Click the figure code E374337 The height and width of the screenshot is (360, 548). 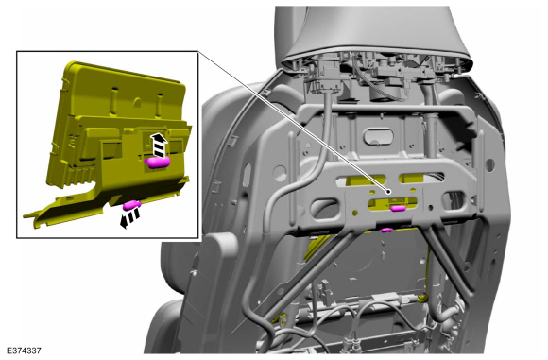coord(24,351)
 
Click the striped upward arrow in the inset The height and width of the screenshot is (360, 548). coord(159,145)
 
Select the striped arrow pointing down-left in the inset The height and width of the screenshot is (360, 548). coord(129,217)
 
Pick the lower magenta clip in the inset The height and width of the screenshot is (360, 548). coord(130,205)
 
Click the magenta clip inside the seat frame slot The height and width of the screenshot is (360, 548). coord(398,209)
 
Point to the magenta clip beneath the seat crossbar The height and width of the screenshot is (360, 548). coord(386,230)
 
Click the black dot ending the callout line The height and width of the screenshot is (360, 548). coord(388,191)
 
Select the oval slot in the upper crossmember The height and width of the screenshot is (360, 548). coord(378,136)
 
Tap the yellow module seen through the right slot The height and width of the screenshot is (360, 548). coord(412,179)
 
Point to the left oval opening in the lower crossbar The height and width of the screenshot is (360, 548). coord(324,209)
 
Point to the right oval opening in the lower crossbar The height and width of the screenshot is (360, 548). coord(454,201)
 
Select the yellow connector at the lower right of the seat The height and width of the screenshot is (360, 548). coord(421,298)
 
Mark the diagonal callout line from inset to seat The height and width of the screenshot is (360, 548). coord(293,121)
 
